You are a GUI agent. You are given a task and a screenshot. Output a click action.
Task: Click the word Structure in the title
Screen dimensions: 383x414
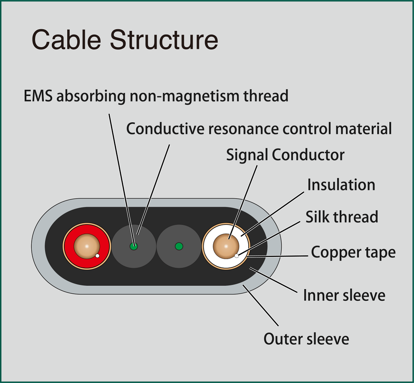(164, 40)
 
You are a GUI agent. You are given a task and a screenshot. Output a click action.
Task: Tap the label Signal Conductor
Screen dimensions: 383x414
(285, 155)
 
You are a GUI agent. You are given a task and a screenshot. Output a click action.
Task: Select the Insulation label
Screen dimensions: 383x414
(341, 185)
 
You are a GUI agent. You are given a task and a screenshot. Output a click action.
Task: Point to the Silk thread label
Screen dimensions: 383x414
(342, 217)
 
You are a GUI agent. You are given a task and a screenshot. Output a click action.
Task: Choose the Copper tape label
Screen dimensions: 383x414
(353, 252)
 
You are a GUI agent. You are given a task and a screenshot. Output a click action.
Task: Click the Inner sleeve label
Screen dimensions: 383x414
(344, 295)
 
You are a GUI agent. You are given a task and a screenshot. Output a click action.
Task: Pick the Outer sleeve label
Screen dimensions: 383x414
(306, 339)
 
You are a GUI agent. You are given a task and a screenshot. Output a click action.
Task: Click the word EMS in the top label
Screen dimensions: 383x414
(38, 96)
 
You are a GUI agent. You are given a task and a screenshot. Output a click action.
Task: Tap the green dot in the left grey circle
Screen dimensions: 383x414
(134, 246)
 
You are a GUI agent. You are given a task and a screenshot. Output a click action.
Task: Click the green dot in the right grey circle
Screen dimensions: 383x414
(179, 246)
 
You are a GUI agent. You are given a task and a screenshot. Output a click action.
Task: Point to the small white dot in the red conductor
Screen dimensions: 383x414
(97, 255)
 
